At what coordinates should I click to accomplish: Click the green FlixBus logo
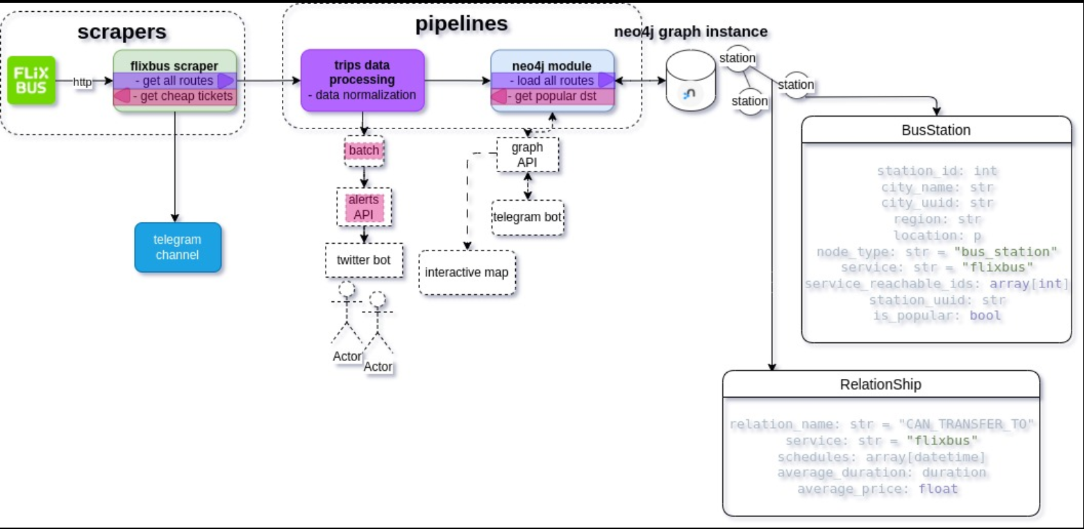tap(32, 81)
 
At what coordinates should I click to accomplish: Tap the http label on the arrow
tap(83, 82)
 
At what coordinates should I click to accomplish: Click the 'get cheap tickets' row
tap(175, 96)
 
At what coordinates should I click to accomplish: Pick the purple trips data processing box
tap(362, 80)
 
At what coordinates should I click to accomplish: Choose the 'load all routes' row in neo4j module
tap(553, 81)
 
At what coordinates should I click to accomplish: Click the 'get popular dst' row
tap(553, 96)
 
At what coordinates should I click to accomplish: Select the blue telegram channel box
tap(178, 247)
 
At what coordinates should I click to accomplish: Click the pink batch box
tap(364, 151)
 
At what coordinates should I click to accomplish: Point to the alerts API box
tap(364, 207)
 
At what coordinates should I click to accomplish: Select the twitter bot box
tap(364, 260)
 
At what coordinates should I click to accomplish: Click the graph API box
tap(527, 155)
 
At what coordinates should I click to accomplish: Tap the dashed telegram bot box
tap(527, 217)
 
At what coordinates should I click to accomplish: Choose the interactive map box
tap(467, 272)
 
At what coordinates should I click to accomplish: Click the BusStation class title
tap(935, 130)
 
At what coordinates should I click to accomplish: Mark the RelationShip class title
tap(881, 384)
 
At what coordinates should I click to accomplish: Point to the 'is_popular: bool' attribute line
tap(937, 316)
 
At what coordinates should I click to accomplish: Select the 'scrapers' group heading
tap(122, 31)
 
